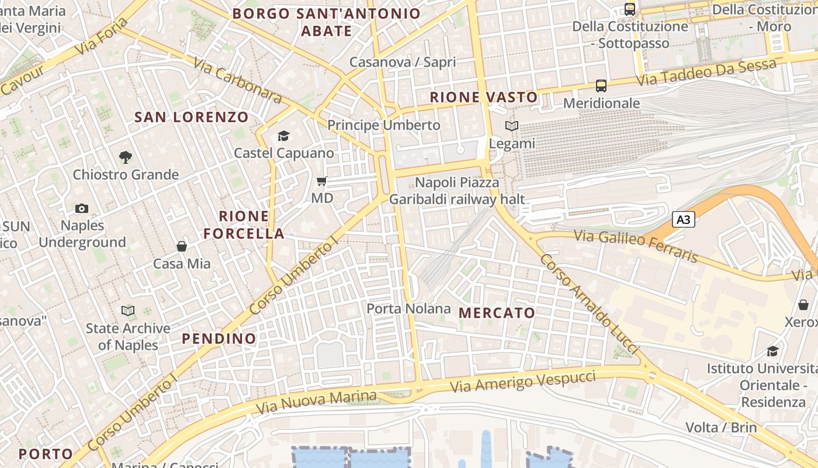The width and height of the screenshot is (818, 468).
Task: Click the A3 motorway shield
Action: [x=684, y=220]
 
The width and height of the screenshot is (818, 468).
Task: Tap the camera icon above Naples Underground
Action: [x=82, y=209]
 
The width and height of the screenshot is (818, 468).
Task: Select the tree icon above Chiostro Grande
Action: [x=125, y=157]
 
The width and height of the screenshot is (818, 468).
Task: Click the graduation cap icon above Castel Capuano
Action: [x=283, y=136]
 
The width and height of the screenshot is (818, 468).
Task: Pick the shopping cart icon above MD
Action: [x=321, y=181]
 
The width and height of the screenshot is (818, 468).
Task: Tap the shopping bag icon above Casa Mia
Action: [x=182, y=246]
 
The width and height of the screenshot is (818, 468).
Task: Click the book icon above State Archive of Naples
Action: [x=128, y=311]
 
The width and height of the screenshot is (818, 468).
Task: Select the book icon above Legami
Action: [x=512, y=126]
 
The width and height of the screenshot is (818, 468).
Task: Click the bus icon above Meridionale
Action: [x=601, y=86]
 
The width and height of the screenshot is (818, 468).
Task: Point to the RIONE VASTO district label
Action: [x=484, y=98]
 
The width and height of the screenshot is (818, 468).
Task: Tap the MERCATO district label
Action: [x=497, y=313]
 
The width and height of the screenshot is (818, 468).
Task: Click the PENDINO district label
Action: [x=219, y=339]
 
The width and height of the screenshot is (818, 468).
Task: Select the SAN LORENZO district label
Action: [x=192, y=117]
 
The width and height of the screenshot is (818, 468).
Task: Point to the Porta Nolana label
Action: [x=408, y=308]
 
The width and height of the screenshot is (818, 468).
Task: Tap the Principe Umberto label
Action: [x=383, y=125]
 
